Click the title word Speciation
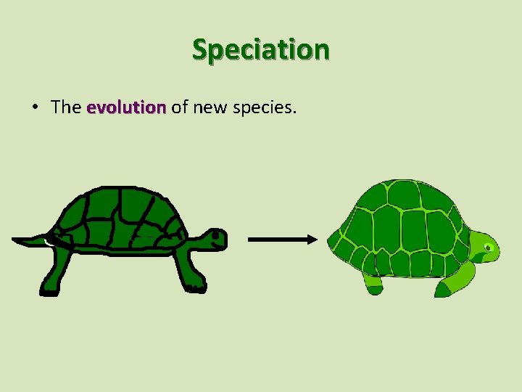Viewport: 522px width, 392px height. (260, 49)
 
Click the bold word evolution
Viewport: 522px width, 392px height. (126, 107)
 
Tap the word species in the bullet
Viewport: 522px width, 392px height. (263, 108)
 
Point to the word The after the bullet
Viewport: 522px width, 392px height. (66, 107)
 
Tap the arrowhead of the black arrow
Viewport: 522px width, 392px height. (311, 240)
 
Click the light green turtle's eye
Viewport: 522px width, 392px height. (489, 248)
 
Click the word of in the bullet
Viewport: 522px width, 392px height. (179, 107)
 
